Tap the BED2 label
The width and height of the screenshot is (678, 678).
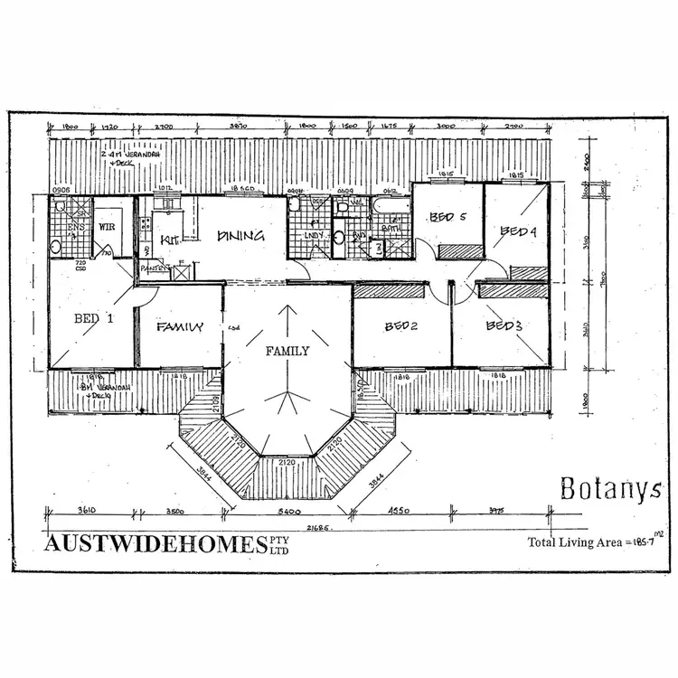pos(400,326)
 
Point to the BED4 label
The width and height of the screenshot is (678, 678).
pos(518,232)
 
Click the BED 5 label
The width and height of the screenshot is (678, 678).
pos(447,217)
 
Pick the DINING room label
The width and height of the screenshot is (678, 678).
pos(240,236)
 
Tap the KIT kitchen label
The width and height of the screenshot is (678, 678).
pos(169,240)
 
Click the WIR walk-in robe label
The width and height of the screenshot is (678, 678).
pos(107,226)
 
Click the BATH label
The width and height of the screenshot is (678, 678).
pos(391,230)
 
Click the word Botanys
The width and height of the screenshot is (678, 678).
pos(610,490)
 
